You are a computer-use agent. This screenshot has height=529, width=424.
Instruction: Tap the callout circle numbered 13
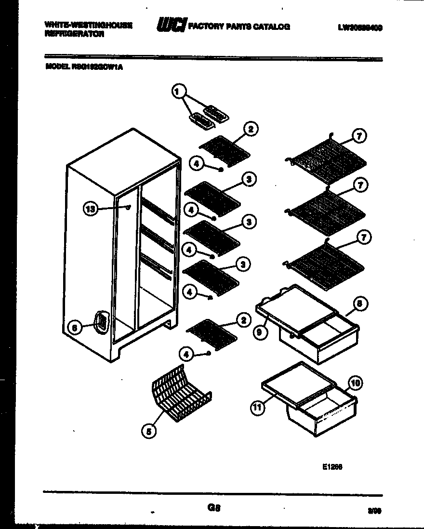(x=90, y=209)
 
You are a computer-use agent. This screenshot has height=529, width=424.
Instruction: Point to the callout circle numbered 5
(x=149, y=432)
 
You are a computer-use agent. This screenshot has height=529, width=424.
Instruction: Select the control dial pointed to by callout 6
(x=101, y=321)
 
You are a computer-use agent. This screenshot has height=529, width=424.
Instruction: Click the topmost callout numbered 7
(x=358, y=136)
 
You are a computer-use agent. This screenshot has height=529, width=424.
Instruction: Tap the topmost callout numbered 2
(x=251, y=129)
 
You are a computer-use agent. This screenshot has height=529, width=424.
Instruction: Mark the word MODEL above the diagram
(x=55, y=67)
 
